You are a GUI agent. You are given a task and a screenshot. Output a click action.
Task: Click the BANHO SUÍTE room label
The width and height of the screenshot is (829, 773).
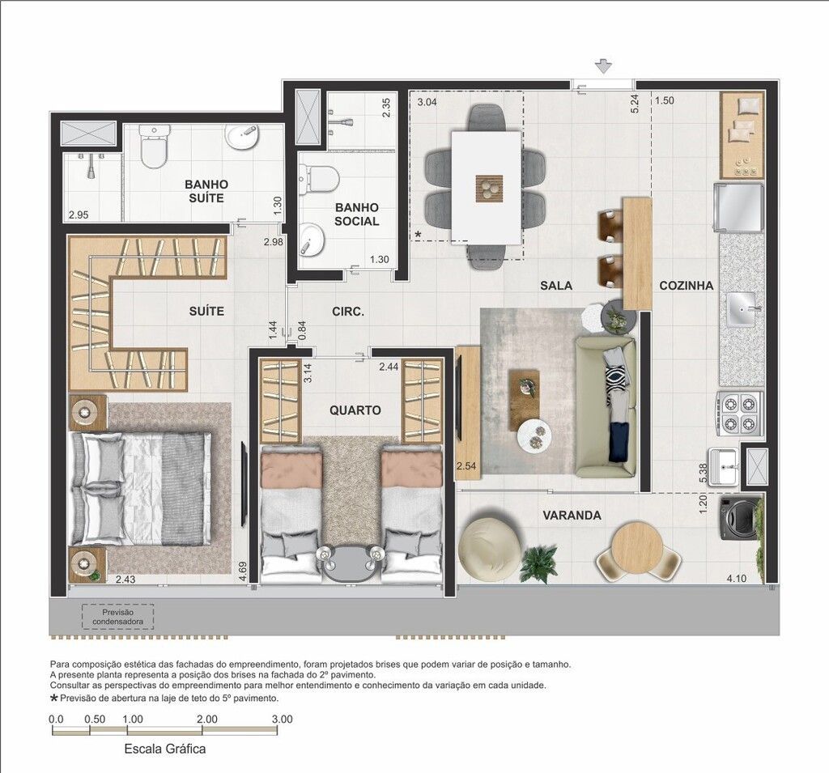coord(206,191)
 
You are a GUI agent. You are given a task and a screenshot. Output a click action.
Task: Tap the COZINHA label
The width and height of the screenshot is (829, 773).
coord(687,286)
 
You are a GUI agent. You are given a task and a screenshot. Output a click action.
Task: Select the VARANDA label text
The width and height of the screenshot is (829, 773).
coord(572,515)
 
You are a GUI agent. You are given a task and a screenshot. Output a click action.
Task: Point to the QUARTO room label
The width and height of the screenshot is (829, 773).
coord(355,410)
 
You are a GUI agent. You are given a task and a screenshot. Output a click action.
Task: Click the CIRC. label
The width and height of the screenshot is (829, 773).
coord(348,312)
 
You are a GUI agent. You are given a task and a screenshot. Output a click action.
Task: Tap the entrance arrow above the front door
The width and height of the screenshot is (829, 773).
coord(603,66)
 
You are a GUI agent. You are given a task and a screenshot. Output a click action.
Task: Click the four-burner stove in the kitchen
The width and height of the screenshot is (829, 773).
coord(740,413)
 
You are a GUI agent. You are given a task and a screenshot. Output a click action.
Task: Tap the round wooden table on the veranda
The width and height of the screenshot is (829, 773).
coord(637,548)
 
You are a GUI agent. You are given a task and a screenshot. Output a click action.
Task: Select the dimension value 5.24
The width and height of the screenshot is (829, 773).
coord(635,104)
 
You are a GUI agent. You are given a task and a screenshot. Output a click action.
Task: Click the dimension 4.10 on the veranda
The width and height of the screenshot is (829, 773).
coord(737,579)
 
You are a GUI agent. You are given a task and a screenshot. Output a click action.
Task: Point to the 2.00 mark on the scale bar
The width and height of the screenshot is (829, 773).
coord(206,719)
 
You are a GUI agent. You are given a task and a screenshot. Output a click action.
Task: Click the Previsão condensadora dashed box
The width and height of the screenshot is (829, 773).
coord(118,617)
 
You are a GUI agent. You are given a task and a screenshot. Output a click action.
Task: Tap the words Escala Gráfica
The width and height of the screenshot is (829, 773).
coord(165,750)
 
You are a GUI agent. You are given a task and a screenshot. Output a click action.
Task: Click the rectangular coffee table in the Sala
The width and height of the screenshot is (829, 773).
coord(524,400)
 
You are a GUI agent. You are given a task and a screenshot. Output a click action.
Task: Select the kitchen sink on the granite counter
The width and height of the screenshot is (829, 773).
coord(743,309)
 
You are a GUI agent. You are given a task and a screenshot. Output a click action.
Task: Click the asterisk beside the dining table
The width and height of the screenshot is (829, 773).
coord(419,234)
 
